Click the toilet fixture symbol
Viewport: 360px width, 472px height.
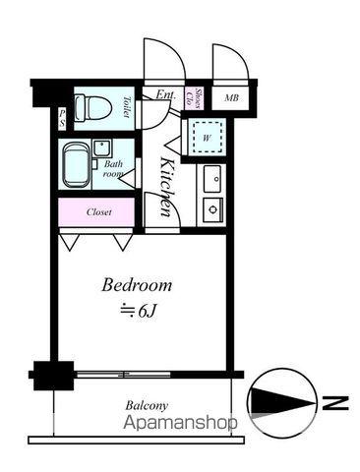coord(92,108)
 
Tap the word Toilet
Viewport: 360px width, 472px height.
coord(126,106)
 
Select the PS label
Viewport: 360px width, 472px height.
coord(62,118)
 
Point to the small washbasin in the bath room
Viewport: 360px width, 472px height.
coord(102,148)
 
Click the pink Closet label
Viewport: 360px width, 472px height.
coord(99,212)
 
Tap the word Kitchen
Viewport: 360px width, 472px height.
coord(168,187)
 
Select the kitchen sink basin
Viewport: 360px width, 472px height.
coord(212,179)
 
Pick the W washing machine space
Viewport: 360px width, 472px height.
coord(207,137)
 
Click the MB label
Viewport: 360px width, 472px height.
coord(231,97)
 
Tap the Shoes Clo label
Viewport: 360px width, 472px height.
coord(194,98)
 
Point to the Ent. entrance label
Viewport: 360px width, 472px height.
coord(165,94)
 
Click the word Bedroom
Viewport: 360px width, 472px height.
coord(137,285)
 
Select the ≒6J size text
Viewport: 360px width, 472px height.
coord(138,311)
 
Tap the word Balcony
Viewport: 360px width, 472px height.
coord(147,406)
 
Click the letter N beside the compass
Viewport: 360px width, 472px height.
coord(335,403)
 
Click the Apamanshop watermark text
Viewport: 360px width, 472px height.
coord(180,423)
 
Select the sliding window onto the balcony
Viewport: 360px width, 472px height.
coord(123,374)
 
